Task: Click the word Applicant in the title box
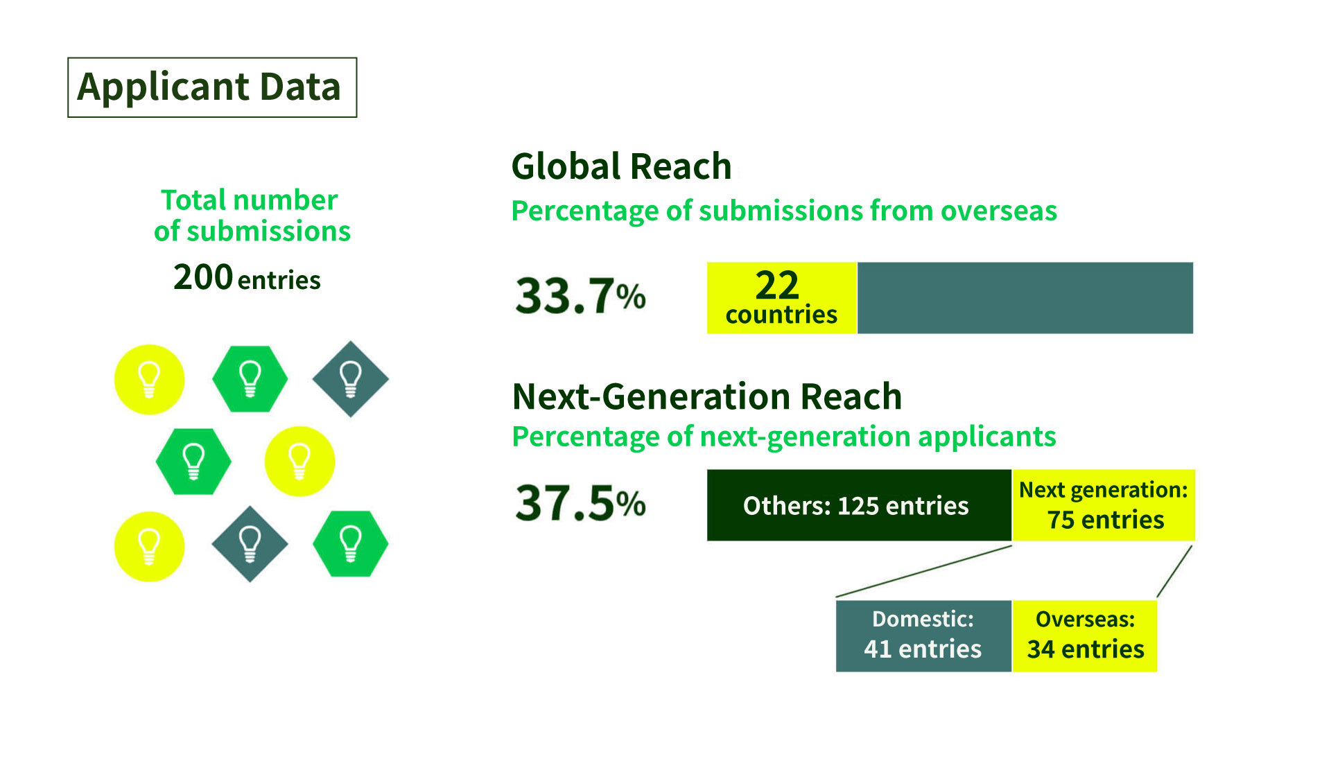tap(163, 89)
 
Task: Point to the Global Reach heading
tap(621, 166)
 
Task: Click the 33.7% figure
tap(580, 296)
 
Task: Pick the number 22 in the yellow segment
tap(777, 285)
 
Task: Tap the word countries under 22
tap(781, 315)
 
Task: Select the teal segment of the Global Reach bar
tap(1025, 298)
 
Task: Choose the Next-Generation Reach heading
tap(707, 396)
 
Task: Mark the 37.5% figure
tap(580, 503)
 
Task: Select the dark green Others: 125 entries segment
tap(859, 505)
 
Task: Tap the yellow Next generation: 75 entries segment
tap(1104, 505)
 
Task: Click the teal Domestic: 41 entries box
tap(923, 635)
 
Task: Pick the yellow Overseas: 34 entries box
tap(1085, 635)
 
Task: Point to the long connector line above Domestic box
tap(924, 572)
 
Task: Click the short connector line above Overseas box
tap(1174, 572)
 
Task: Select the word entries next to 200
tap(279, 281)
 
